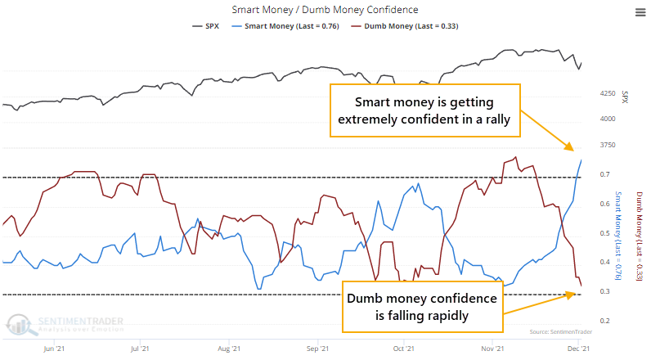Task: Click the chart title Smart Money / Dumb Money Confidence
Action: (325, 11)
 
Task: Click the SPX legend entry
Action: (206, 25)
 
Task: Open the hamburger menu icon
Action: (638, 11)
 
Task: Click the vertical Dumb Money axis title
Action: (638, 237)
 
